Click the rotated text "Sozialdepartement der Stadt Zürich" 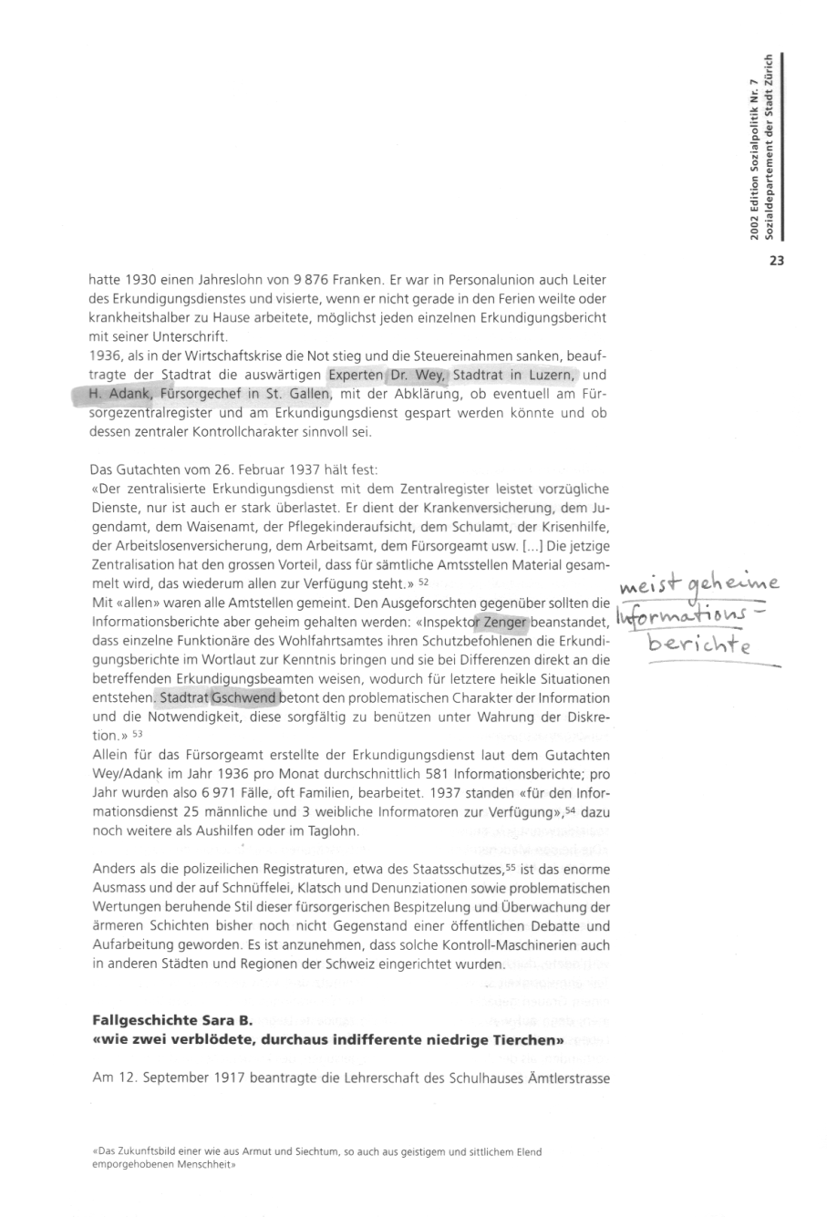[x=771, y=147]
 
